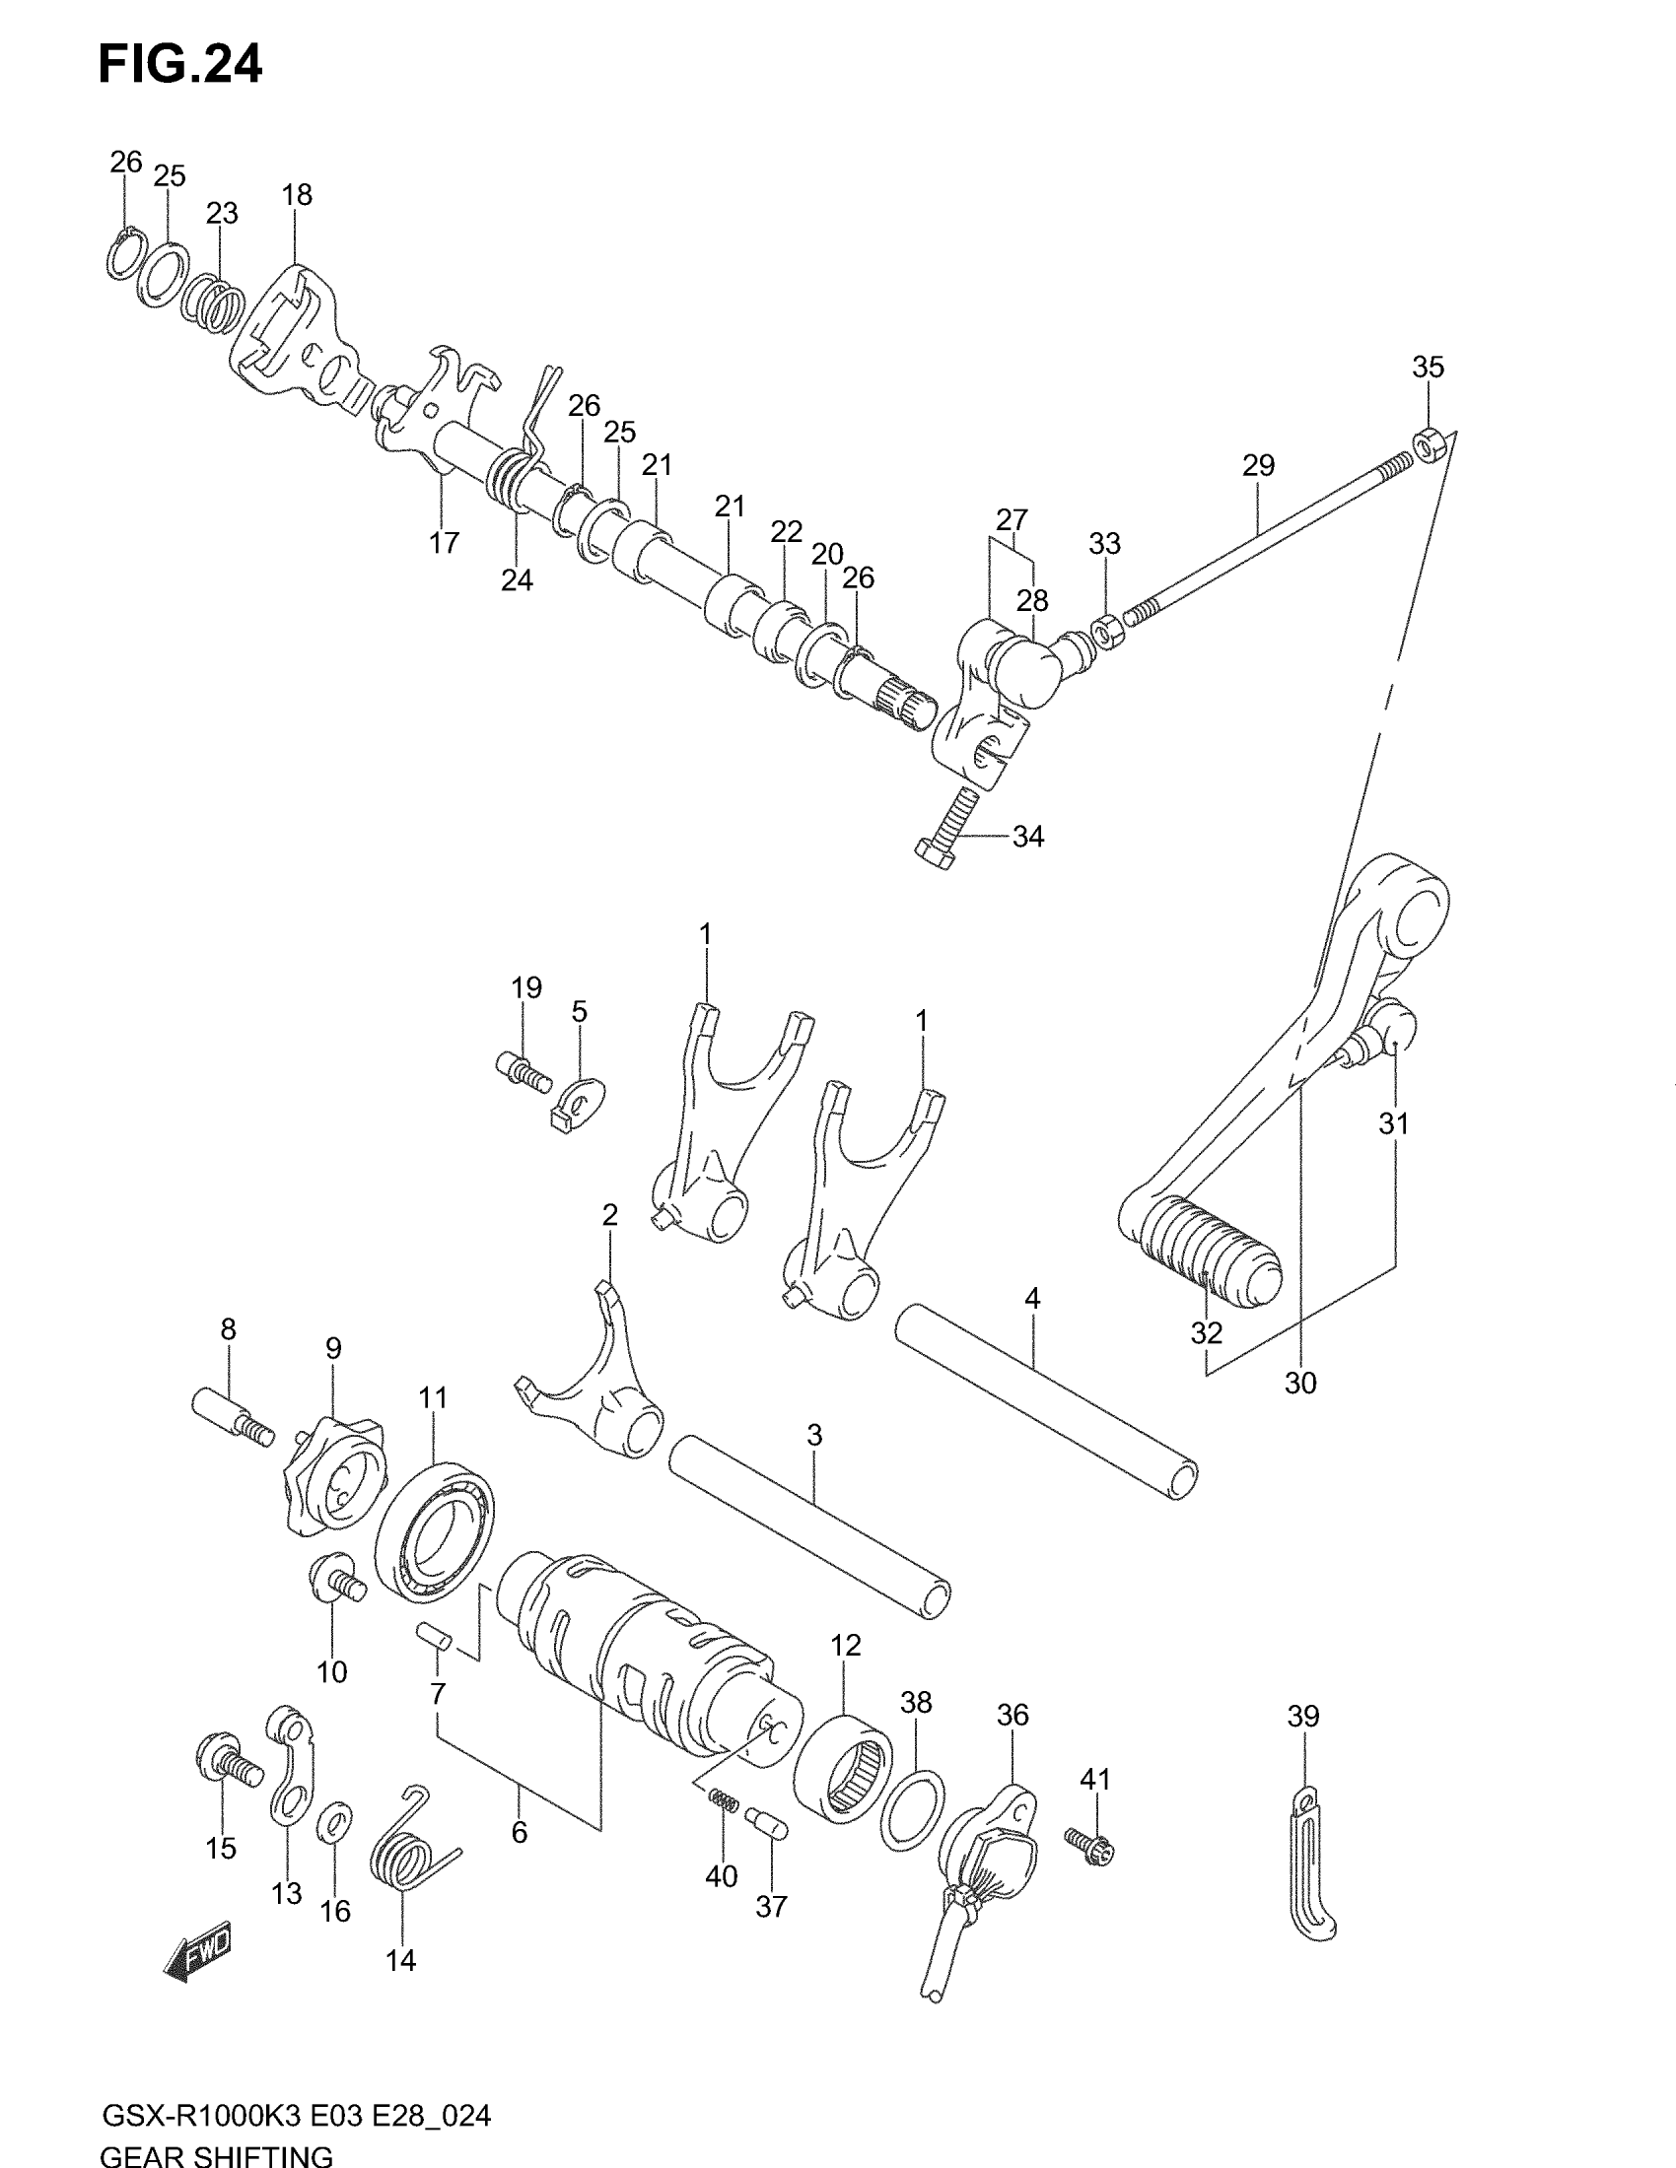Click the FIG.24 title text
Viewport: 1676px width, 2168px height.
click(179, 65)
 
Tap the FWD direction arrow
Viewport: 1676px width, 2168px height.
click(198, 1956)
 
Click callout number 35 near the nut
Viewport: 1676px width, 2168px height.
click(1428, 368)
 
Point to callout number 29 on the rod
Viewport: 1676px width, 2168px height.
click(1258, 465)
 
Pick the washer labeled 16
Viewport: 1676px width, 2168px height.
click(336, 1820)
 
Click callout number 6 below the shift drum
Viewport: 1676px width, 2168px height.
click(520, 1833)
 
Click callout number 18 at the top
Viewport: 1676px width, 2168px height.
click(297, 195)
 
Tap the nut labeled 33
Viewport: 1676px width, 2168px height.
click(1106, 630)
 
